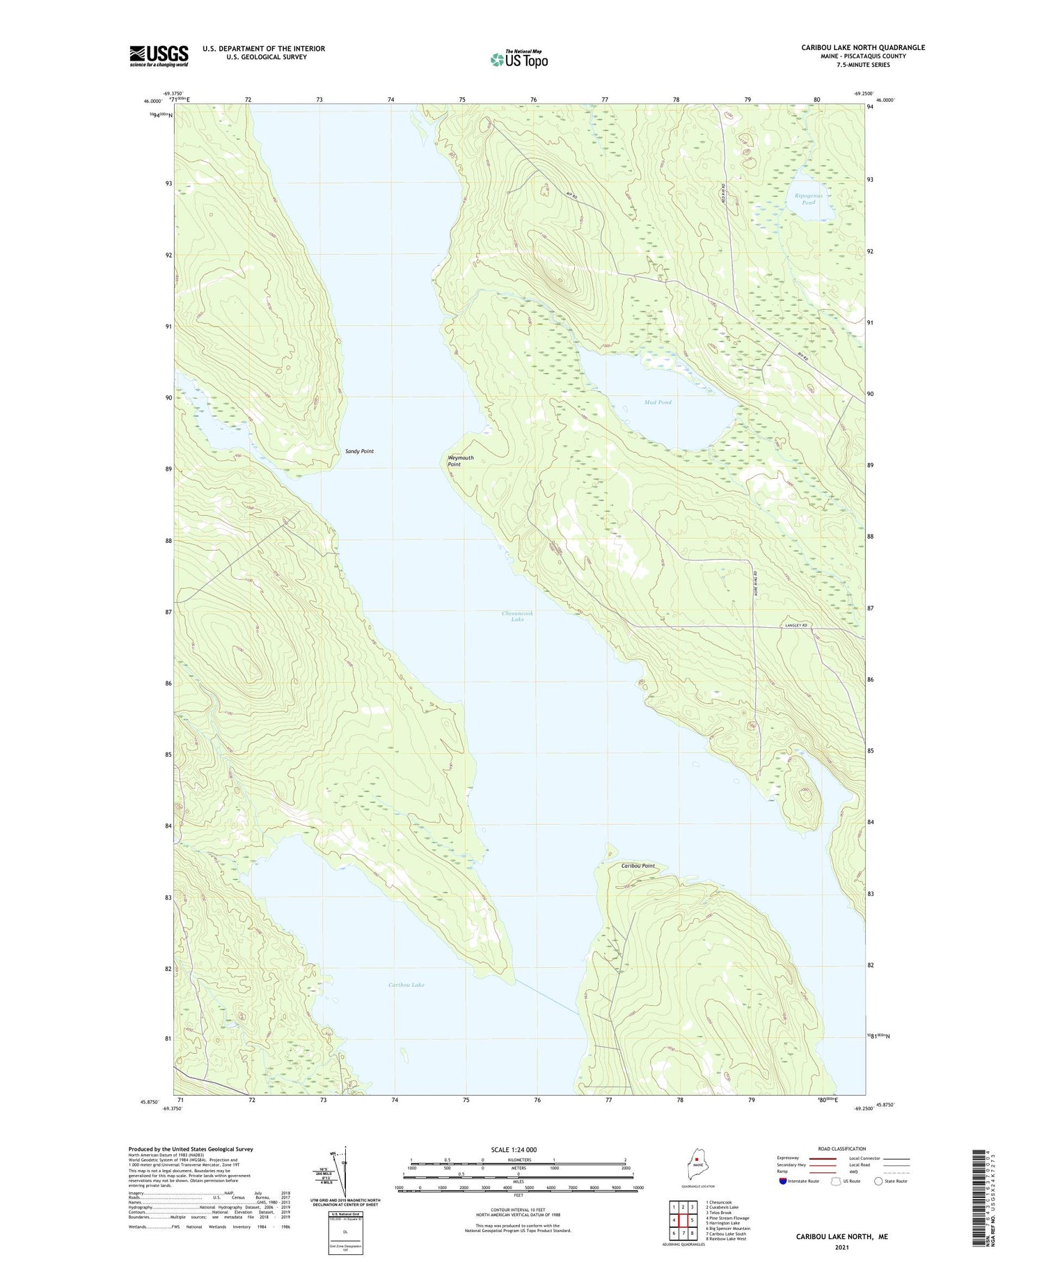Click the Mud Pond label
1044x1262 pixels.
[657, 402]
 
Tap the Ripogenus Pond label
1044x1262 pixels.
[808, 199]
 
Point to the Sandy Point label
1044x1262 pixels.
[359, 451]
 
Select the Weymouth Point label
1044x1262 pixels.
[460, 461]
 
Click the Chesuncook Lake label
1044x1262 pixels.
[517, 616]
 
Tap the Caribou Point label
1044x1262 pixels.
[638, 866]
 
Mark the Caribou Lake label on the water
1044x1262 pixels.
[406, 985]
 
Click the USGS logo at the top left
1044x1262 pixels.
[159, 56]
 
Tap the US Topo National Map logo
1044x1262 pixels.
[519, 59]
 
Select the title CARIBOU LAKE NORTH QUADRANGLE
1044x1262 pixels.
[862, 47]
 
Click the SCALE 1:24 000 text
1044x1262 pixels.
[518, 1149]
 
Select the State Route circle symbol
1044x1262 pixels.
[878, 1181]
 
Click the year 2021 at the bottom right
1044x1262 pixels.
[841, 1247]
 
